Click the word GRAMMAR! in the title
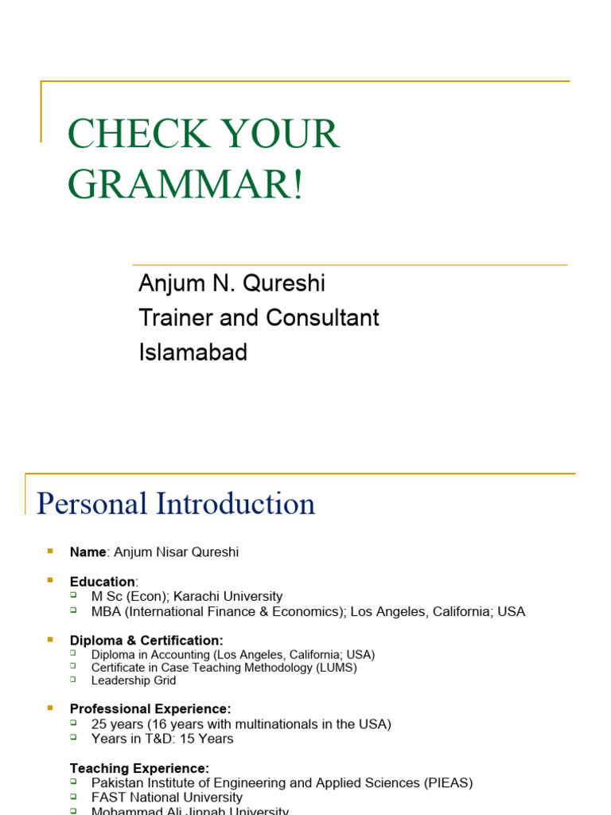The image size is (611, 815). point(185,184)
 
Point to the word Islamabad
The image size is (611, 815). point(193,352)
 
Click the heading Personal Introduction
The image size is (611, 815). point(176,504)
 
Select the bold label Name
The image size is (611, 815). point(88,552)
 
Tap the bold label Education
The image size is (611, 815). point(102,582)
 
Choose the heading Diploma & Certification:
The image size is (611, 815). point(146,641)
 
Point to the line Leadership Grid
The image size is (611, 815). point(134,680)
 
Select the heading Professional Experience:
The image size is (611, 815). point(150,708)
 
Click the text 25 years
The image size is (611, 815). point(116,724)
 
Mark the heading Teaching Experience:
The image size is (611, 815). point(139,768)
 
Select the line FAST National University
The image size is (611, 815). point(167,797)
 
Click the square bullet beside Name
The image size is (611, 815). point(50,551)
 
